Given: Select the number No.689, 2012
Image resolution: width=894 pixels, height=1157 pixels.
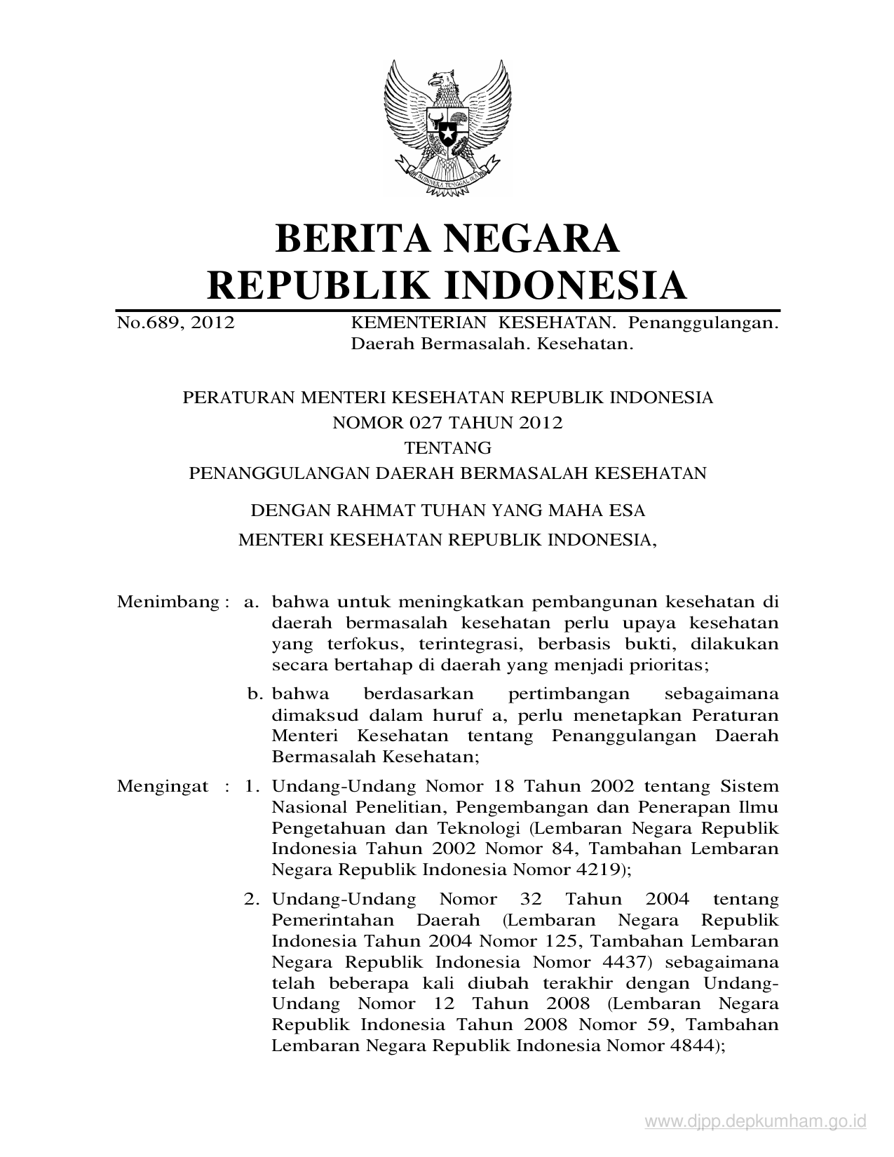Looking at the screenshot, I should (175, 323).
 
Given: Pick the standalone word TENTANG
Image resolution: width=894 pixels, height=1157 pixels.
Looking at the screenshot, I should (447, 447).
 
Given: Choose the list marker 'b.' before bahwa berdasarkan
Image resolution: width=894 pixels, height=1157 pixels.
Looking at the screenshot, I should (255, 694).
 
